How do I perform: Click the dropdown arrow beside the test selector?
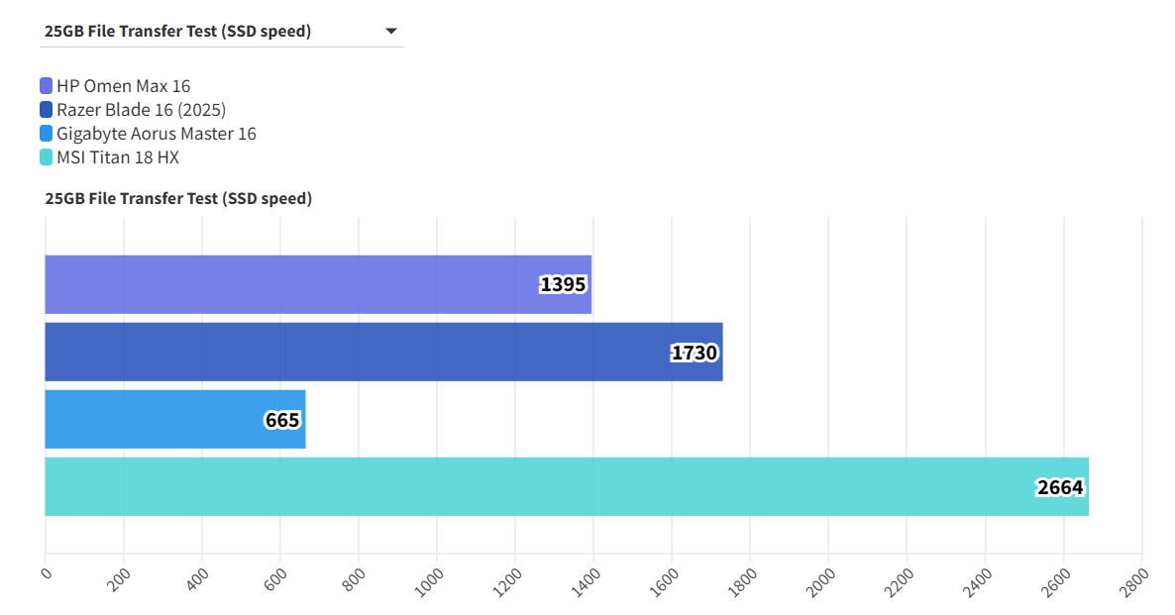tap(391, 32)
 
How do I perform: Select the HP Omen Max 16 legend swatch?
tap(47, 86)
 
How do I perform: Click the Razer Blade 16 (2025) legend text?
tap(141, 110)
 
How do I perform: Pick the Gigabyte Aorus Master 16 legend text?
tap(156, 134)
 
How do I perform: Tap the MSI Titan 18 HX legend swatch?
tap(47, 157)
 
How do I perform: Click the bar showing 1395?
tap(297, 284)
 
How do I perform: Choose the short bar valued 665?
tap(149, 419)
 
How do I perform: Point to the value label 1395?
tap(564, 285)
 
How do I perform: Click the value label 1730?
tap(694, 353)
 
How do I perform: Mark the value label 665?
tap(282, 420)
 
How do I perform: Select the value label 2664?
tap(1060, 487)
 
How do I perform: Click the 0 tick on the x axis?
tap(46, 571)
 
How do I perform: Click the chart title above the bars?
tap(178, 198)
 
